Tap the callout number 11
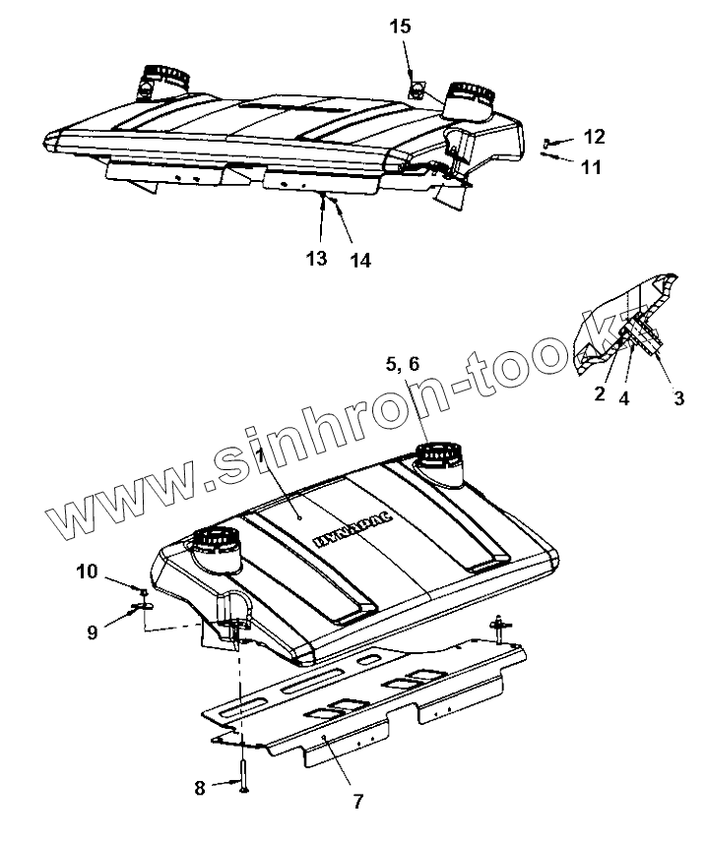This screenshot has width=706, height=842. coord(591,167)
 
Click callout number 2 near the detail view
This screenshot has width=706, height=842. coord(599,395)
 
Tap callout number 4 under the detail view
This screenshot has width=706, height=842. coord(624,399)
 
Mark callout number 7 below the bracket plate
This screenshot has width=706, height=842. coord(357,802)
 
